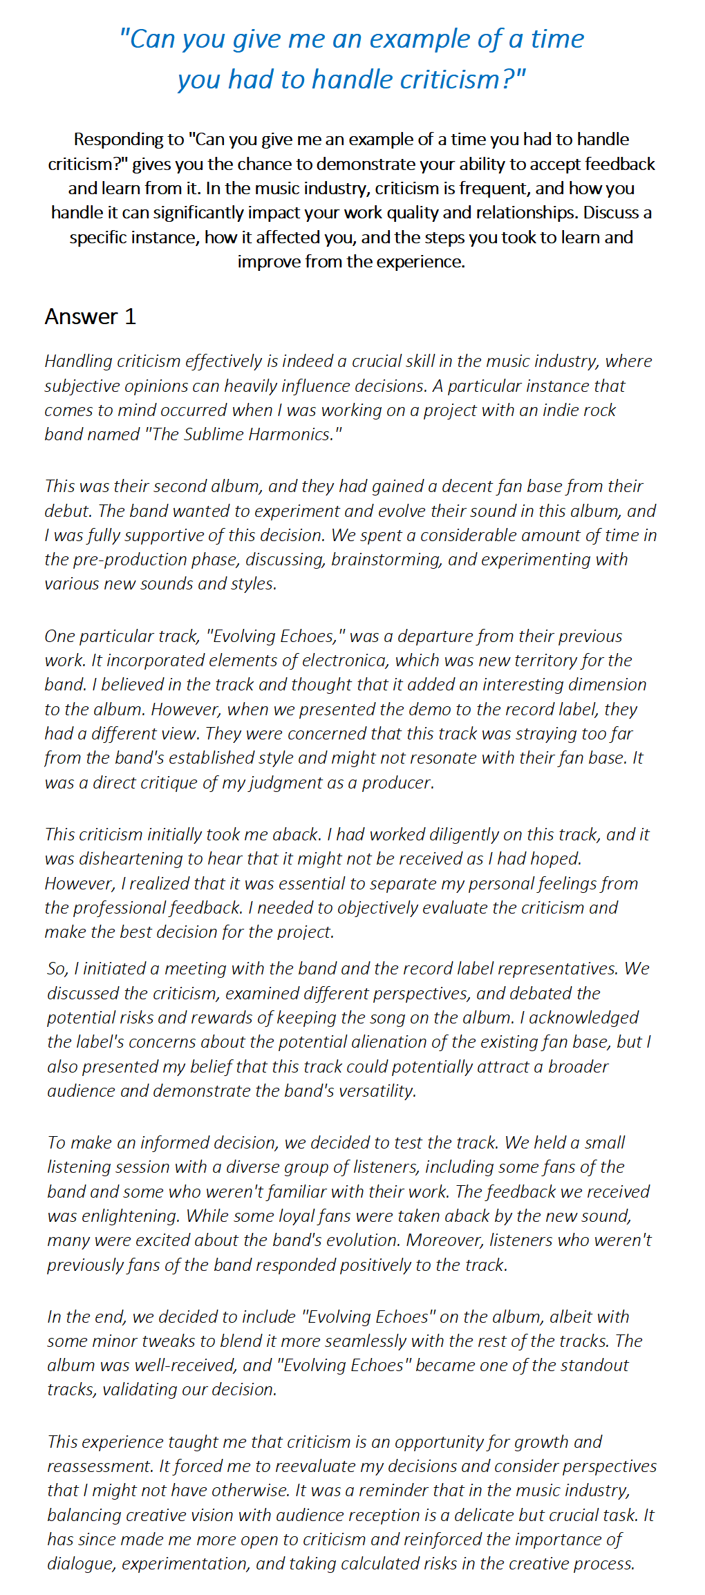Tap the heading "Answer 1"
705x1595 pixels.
pyautogui.click(x=91, y=317)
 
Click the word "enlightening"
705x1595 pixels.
pyautogui.click(x=127, y=1216)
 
